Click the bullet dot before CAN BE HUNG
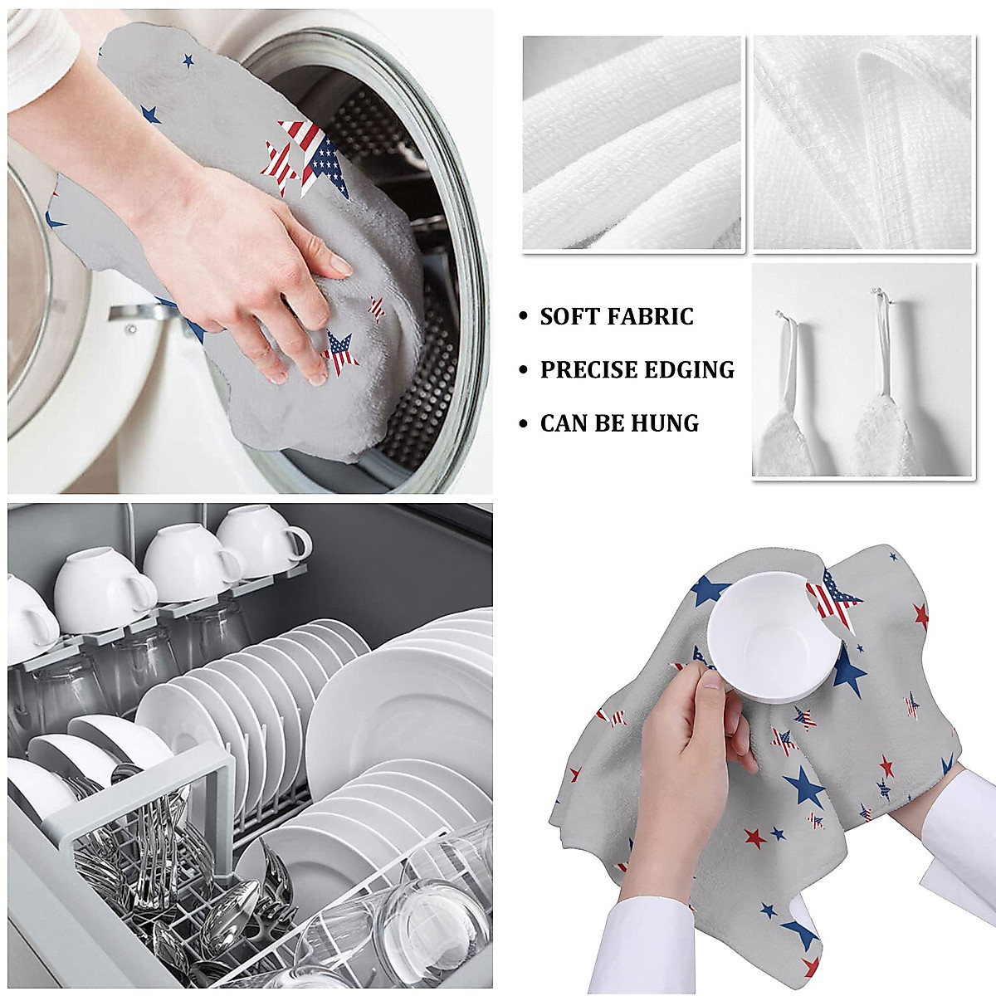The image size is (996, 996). point(522,424)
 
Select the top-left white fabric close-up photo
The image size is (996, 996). point(632,143)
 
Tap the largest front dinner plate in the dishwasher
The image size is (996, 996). point(390,714)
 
